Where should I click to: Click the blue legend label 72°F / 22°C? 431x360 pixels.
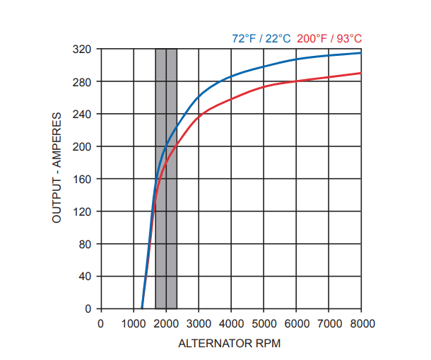click(x=261, y=38)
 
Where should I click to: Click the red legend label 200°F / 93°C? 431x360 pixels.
click(x=329, y=38)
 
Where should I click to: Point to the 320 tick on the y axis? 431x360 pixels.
click(x=83, y=50)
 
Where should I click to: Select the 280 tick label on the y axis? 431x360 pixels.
click(x=83, y=82)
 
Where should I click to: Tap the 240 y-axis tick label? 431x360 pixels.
click(x=83, y=115)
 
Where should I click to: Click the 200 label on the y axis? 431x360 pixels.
click(x=83, y=147)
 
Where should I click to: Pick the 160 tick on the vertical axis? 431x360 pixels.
click(x=83, y=180)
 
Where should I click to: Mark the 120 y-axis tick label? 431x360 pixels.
click(x=83, y=212)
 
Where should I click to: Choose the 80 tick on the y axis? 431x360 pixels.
click(x=85, y=245)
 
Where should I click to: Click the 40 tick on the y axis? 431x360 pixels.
click(x=85, y=277)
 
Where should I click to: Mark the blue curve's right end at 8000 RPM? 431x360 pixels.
click(x=360, y=52)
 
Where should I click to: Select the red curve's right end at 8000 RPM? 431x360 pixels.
click(x=360, y=73)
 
